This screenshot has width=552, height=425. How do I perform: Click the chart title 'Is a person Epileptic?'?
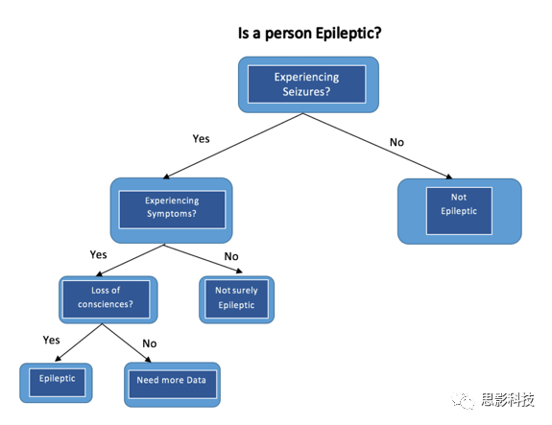(x=309, y=34)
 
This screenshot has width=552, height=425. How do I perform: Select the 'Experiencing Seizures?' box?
(x=308, y=84)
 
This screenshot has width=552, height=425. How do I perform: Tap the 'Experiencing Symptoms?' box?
(x=172, y=210)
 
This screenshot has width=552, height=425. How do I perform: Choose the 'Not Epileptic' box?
(x=460, y=211)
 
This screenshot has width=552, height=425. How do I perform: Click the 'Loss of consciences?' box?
(x=108, y=299)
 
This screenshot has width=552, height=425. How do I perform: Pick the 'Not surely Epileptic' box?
(x=236, y=299)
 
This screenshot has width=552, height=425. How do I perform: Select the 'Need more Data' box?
(x=172, y=385)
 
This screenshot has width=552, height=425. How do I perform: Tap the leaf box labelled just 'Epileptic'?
(x=56, y=383)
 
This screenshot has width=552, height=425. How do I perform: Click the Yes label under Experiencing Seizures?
(x=201, y=138)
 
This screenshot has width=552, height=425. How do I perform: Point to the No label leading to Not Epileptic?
(x=396, y=142)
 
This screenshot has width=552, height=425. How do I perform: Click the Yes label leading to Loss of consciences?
(x=98, y=254)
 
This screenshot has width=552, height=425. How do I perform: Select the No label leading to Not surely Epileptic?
(x=231, y=256)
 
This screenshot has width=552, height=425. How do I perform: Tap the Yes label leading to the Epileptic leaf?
(x=52, y=340)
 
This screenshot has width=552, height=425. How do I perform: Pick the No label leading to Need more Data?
(x=150, y=343)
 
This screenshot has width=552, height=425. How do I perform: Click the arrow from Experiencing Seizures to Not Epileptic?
(x=377, y=146)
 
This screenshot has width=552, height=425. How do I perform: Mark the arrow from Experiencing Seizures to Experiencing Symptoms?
(x=233, y=146)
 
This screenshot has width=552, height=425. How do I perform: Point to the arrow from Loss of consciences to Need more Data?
(x=127, y=342)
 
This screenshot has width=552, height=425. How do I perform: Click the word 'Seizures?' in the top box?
(x=306, y=92)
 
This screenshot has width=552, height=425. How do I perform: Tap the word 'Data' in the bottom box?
(x=196, y=380)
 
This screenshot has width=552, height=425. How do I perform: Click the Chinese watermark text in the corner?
(x=507, y=400)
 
